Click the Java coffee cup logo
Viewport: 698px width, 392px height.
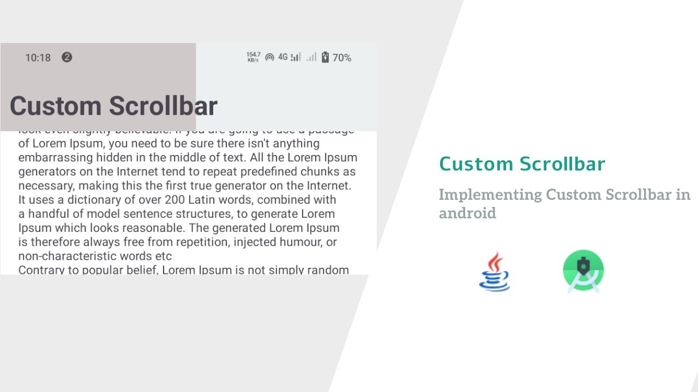tap(494, 271)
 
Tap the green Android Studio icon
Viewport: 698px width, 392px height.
tap(583, 271)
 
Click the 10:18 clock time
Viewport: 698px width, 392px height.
tap(38, 58)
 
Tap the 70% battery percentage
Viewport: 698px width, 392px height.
tap(342, 58)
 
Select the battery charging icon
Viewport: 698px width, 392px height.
tap(326, 57)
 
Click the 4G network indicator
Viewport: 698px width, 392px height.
tap(282, 57)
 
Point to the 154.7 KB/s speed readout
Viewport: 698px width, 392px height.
tap(253, 57)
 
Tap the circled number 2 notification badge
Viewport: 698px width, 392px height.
tap(67, 57)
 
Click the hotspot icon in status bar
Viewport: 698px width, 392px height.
tap(269, 57)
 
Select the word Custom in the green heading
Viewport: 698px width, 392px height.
tap(476, 164)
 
